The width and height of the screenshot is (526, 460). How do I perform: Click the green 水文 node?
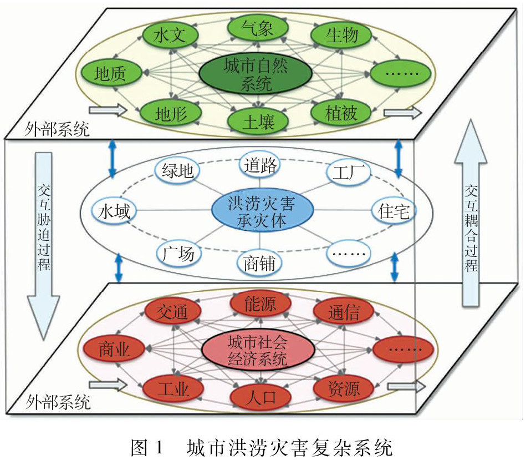[x=170, y=34]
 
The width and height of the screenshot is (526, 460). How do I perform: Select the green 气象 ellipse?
[x=258, y=28]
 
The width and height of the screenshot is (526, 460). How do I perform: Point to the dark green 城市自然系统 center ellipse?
[x=256, y=74]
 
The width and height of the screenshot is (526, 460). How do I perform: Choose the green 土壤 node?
[x=258, y=121]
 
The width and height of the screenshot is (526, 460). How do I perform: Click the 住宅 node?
[x=394, y=211]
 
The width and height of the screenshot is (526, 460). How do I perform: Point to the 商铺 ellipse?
[x=259, y=263]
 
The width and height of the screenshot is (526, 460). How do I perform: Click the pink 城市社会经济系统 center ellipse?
[x=258, y=350]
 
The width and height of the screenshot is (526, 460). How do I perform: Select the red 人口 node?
[x=260, y=397]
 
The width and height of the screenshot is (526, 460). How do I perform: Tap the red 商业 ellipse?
[x=114, y=349]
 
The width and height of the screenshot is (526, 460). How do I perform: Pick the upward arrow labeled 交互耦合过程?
[x=471, y=213]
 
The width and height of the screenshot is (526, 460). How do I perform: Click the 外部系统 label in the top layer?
[x=57, y=129]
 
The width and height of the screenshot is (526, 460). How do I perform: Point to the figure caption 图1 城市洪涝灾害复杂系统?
[x=261, y=447]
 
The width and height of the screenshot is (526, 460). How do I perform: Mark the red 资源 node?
[x=344, y=388]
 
